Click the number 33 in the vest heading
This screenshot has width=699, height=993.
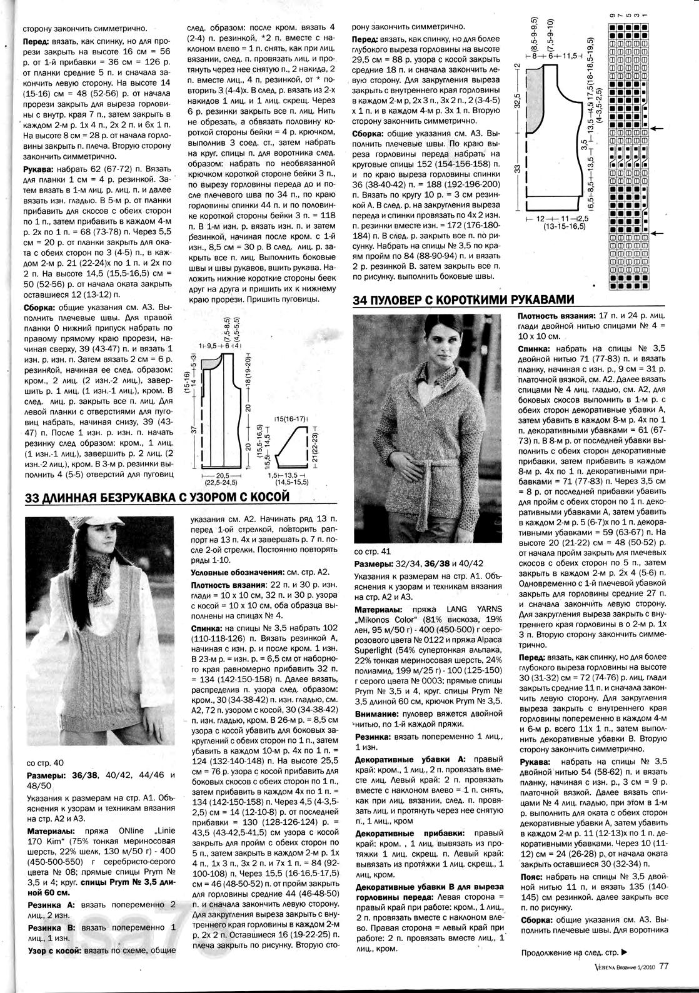coord(33,498)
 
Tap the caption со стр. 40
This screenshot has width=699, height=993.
coord(46,763)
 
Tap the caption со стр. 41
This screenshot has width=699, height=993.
coord(373,551)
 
